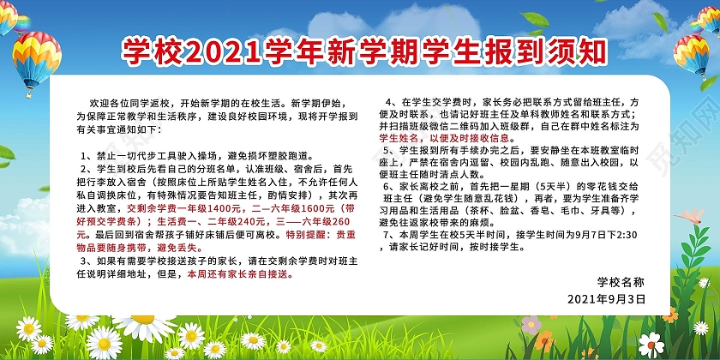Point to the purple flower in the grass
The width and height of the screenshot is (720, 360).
pyautogui.click(x=531, y=324)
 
